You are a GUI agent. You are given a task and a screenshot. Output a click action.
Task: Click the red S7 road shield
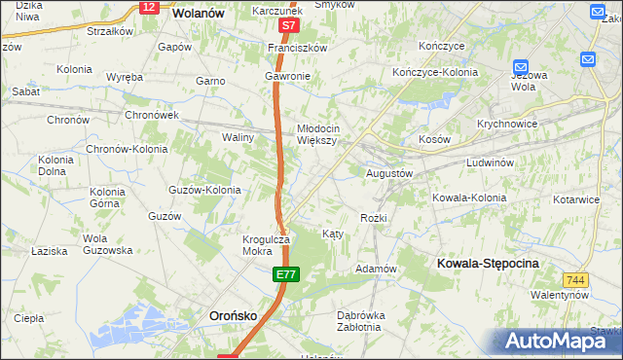coord(287,27)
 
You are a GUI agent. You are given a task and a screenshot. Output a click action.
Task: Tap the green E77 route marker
coord(284,277)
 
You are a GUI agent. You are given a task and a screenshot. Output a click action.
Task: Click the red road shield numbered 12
coord(148,7)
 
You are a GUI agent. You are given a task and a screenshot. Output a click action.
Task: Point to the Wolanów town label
coord(199,15)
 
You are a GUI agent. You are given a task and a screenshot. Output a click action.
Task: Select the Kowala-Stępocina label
coord(488,264)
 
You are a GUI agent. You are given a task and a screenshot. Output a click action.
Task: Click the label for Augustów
coord(390,173)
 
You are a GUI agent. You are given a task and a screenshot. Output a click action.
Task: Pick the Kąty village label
coord(333,234)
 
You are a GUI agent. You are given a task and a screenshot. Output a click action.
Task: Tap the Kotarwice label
coord(575,199)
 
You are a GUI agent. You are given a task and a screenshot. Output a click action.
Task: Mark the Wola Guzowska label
coord(107,244)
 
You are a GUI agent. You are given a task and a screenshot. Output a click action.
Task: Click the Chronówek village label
coord(152,114)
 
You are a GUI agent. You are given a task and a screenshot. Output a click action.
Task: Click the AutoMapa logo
coord(556,341)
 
